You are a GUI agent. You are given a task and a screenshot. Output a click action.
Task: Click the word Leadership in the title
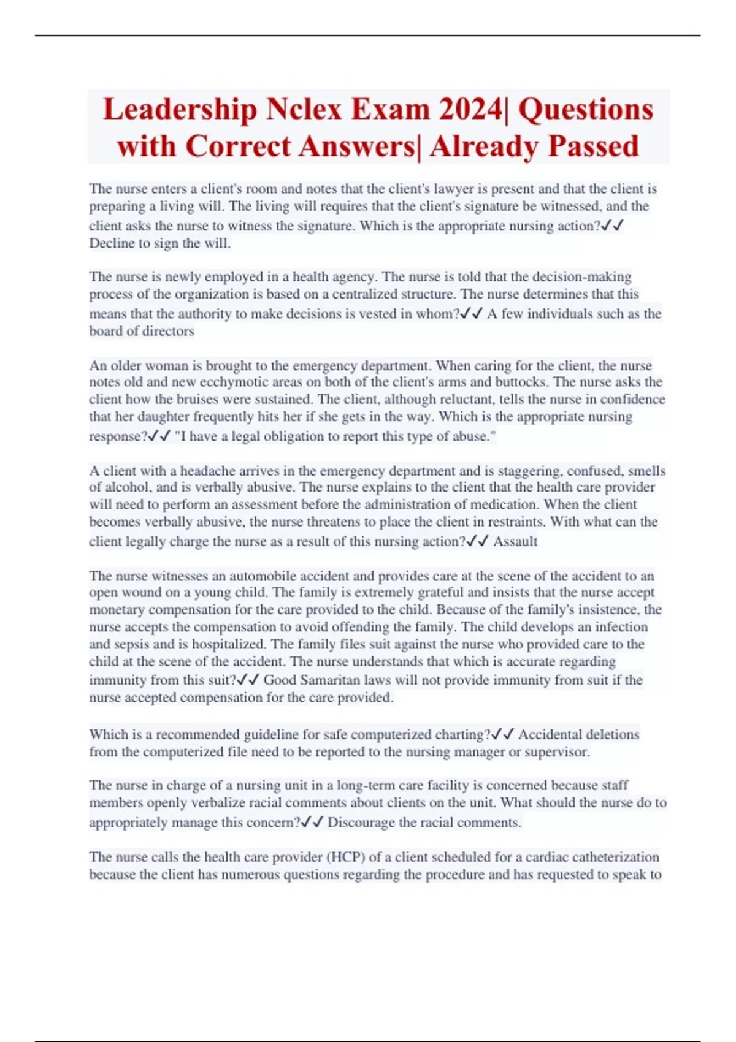coord(180,110)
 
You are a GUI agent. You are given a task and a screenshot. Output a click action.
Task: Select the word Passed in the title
coord(594,146)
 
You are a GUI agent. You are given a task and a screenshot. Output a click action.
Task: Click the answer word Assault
coord(515,542)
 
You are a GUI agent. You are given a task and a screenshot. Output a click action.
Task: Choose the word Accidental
coord(558,734)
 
